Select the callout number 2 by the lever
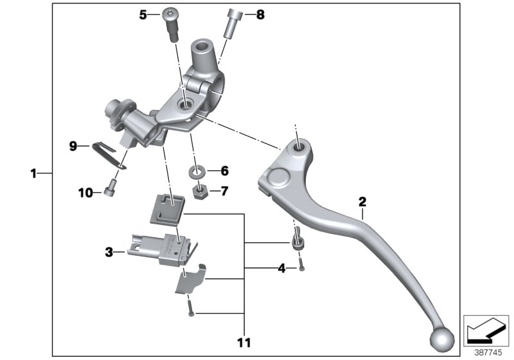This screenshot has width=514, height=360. point(362,202)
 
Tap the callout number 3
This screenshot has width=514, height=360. point(110,253)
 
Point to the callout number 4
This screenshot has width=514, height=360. point(281,267)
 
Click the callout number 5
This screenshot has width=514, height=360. point(143,14)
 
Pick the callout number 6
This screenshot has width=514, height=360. point(224,172)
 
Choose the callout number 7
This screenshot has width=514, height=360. point(224,191)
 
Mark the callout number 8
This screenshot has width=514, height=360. point(260,14)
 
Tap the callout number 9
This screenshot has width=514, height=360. point(74,147)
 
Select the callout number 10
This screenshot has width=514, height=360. point(83,192)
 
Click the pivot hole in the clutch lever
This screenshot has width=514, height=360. point(299,148)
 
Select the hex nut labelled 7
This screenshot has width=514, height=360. point(199,191)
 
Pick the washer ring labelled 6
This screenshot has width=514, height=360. point(198,172)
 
